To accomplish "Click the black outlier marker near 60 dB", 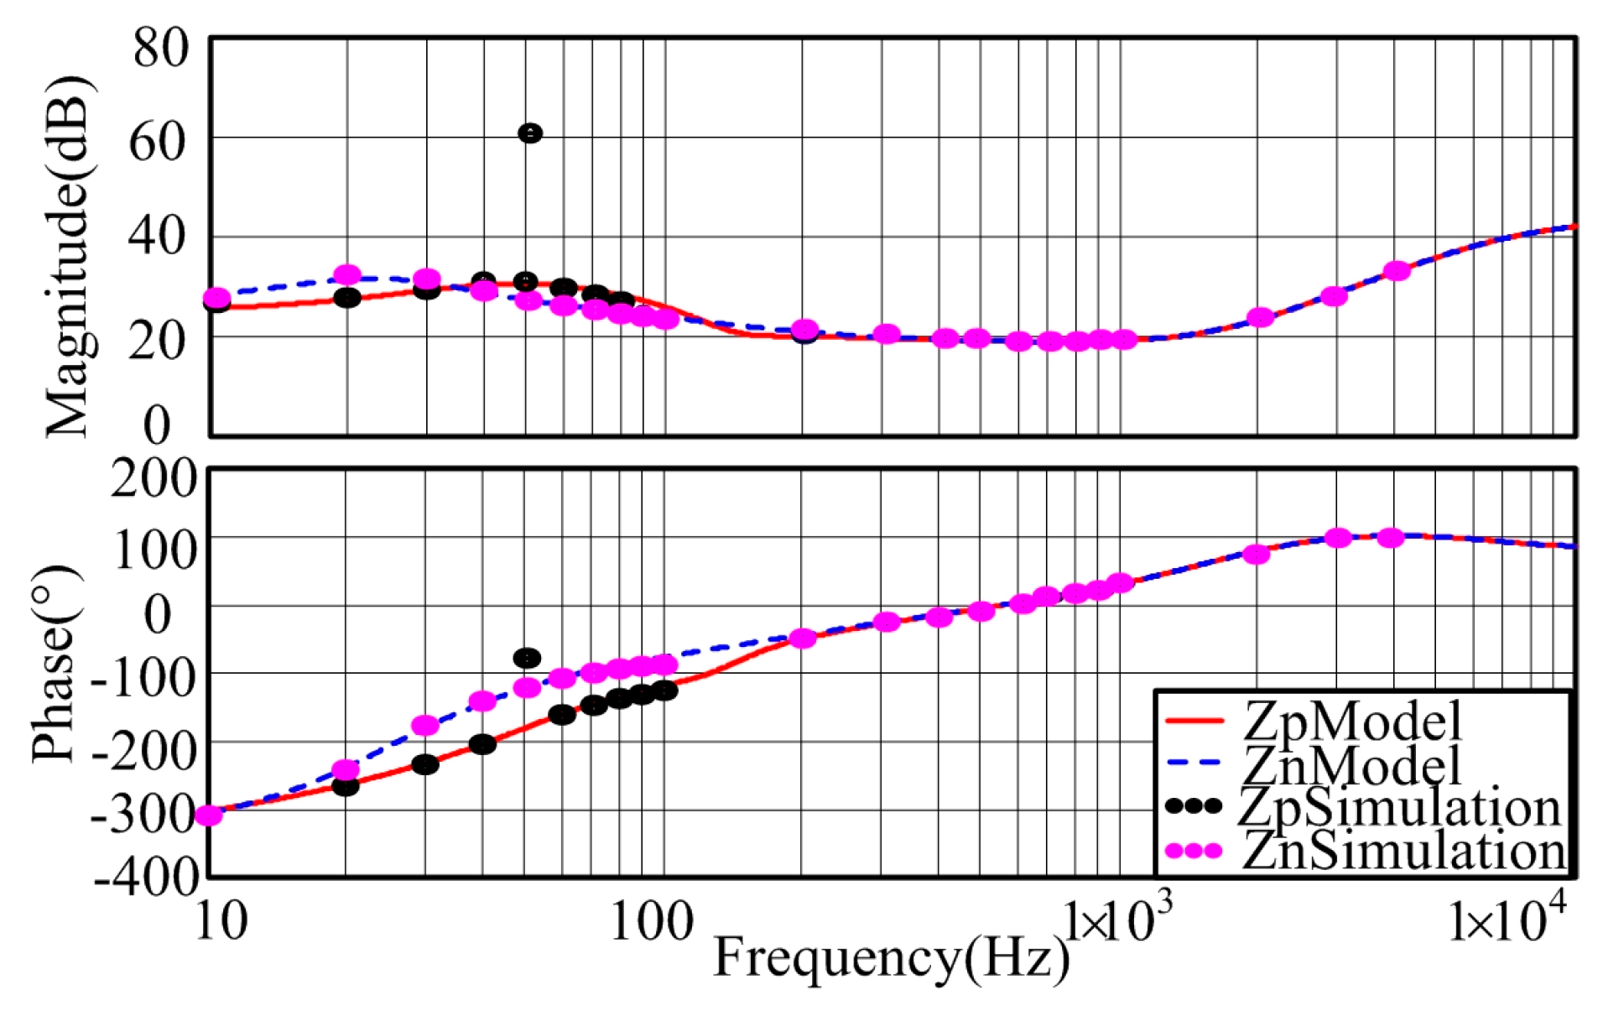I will coord(529,133).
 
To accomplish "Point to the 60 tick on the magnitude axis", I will coord(157,141).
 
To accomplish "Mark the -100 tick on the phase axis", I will coord(143,676).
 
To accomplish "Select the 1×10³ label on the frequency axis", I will coord(1116,920).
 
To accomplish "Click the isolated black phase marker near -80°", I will coord(527,658).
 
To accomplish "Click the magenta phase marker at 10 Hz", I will coord(208,815).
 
